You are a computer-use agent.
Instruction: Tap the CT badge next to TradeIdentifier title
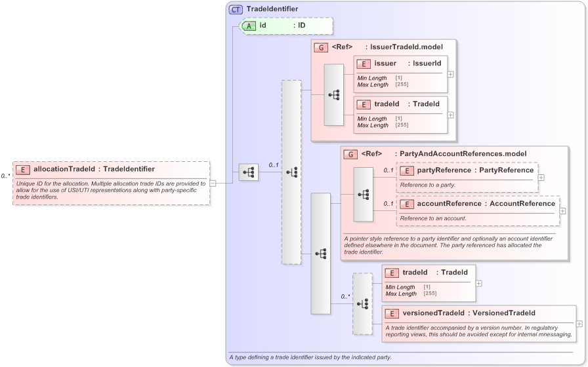click(x=236, y=9)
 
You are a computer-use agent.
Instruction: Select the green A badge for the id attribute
click(x=249, y=26)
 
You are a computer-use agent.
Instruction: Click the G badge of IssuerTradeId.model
click(x=321, y=47)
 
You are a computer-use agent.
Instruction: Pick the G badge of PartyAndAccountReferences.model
click(x=351, y=154)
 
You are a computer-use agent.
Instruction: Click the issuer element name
click(x=385, y=64)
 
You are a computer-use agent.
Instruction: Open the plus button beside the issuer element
click(x=451, y=73)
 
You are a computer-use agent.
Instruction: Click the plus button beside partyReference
click(x=541, y=177)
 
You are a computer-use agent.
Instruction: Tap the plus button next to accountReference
click(x=562, y=211)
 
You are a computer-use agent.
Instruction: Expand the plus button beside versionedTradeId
click(x=579, y=323)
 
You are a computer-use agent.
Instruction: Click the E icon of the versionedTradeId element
click(x=392, y=313)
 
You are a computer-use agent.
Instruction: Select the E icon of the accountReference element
click(x=407, y=204)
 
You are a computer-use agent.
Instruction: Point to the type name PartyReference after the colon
click(x=507, y=170)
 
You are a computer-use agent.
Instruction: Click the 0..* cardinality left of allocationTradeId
click(x=6, y=176)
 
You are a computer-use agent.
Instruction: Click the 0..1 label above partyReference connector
click(x=388, y=170)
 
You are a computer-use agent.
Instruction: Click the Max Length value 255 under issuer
click(x=402, y=84)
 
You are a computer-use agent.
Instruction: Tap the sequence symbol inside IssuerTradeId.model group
click(x=333, y=95)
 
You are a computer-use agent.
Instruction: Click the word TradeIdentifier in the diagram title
click(x=272, y=9)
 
